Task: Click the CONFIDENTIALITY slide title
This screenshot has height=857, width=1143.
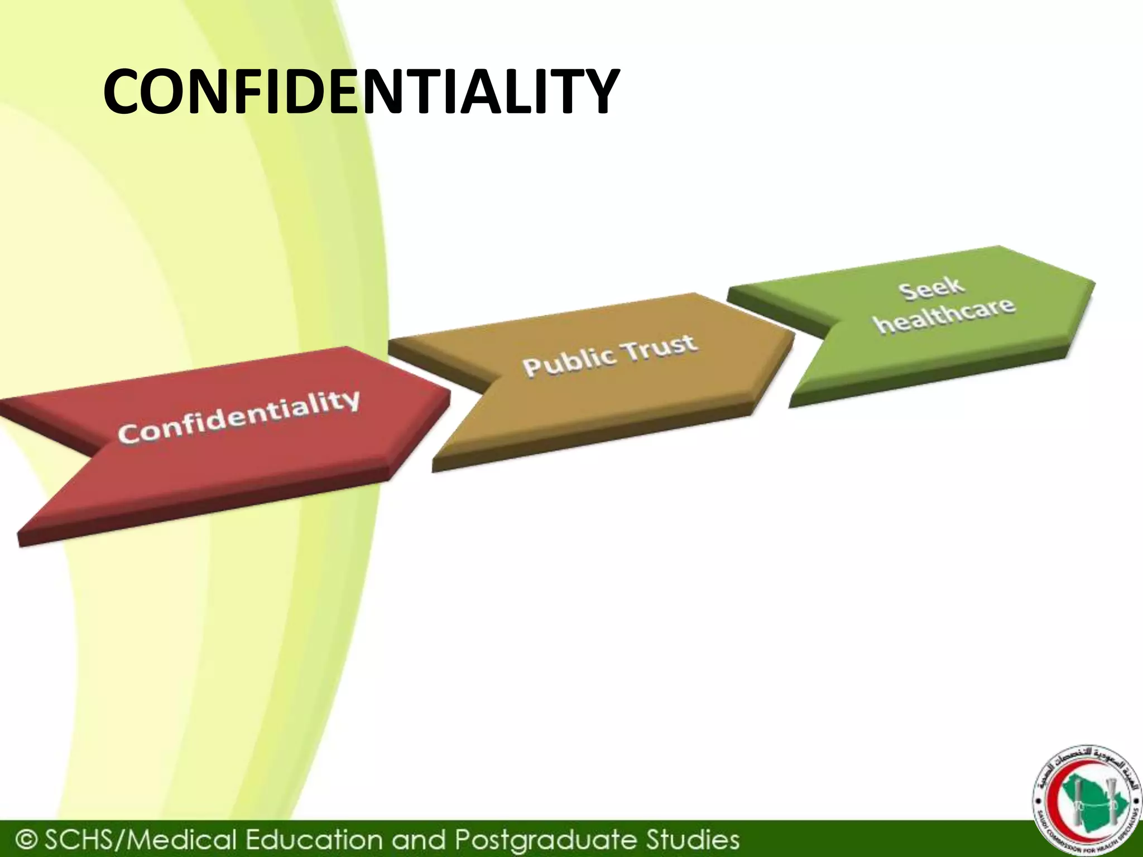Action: (x=361, y=92)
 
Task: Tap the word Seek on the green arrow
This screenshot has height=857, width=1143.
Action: (x=931, y=289)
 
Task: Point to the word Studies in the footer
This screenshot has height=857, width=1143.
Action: (x=693, y=839)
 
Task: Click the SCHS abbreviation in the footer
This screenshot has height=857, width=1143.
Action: (x=81, y=839)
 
